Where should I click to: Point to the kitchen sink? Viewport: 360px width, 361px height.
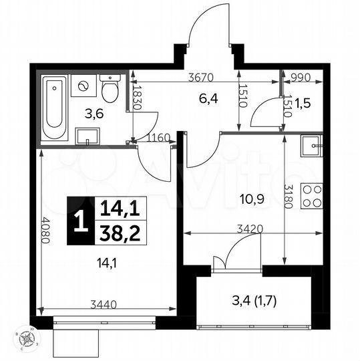coord(311,145)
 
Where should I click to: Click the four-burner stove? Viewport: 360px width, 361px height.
coord(311,195)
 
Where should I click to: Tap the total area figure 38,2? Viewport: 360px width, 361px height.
coord(119,232)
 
